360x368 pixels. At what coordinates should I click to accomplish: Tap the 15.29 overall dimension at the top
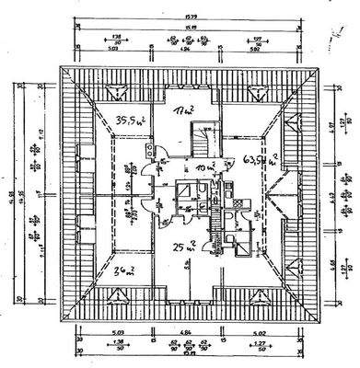click(190, 12)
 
